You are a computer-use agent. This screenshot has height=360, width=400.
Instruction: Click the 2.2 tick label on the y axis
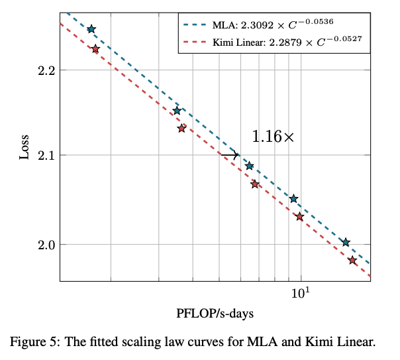(44, 70)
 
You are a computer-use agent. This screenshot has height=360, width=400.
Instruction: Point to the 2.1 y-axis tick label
(44, 156)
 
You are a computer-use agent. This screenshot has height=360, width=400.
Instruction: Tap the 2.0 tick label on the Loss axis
(44, 245)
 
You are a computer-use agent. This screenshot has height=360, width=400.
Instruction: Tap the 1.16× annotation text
(272, 137)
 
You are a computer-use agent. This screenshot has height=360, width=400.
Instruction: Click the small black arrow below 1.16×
(229, 155)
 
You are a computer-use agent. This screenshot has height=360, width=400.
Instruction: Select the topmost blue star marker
(91, 29)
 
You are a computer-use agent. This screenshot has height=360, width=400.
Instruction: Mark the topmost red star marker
(95, 49)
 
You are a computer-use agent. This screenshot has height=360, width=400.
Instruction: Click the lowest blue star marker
(345, 243)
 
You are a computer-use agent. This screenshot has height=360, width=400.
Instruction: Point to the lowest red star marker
(352, 261)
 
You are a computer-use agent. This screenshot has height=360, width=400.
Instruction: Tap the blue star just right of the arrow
(249, 166)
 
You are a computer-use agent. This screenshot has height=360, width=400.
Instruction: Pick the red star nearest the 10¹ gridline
(300, 217)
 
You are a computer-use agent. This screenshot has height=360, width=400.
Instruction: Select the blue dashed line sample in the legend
(196, 25)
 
